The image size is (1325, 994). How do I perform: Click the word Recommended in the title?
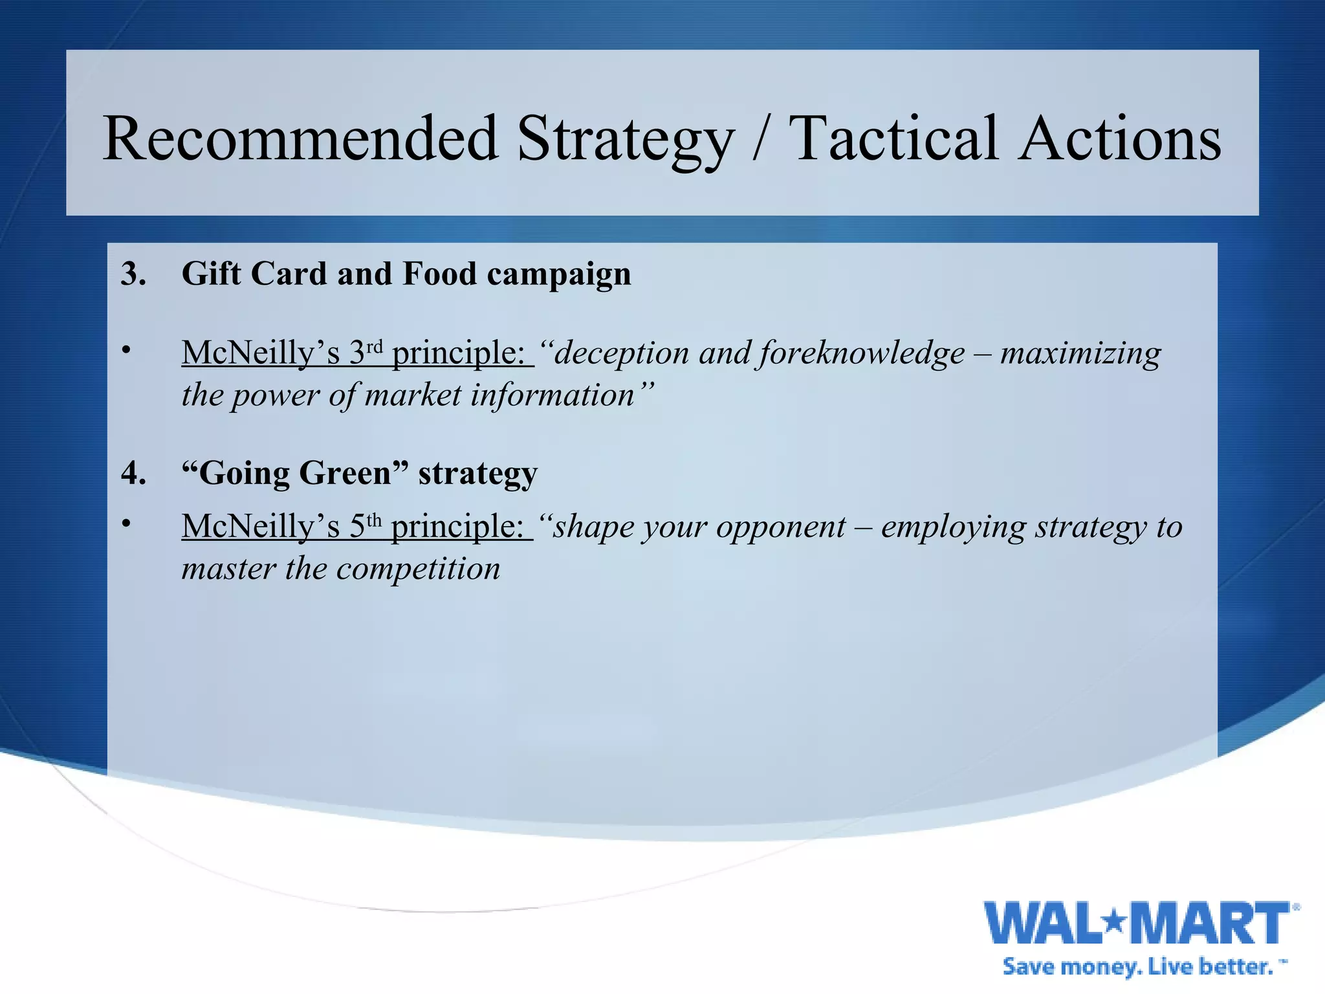(x=301, y=138)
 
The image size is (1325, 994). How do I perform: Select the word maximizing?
(x=1080, y=353)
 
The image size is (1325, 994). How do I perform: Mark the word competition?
(x=418, y=569)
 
